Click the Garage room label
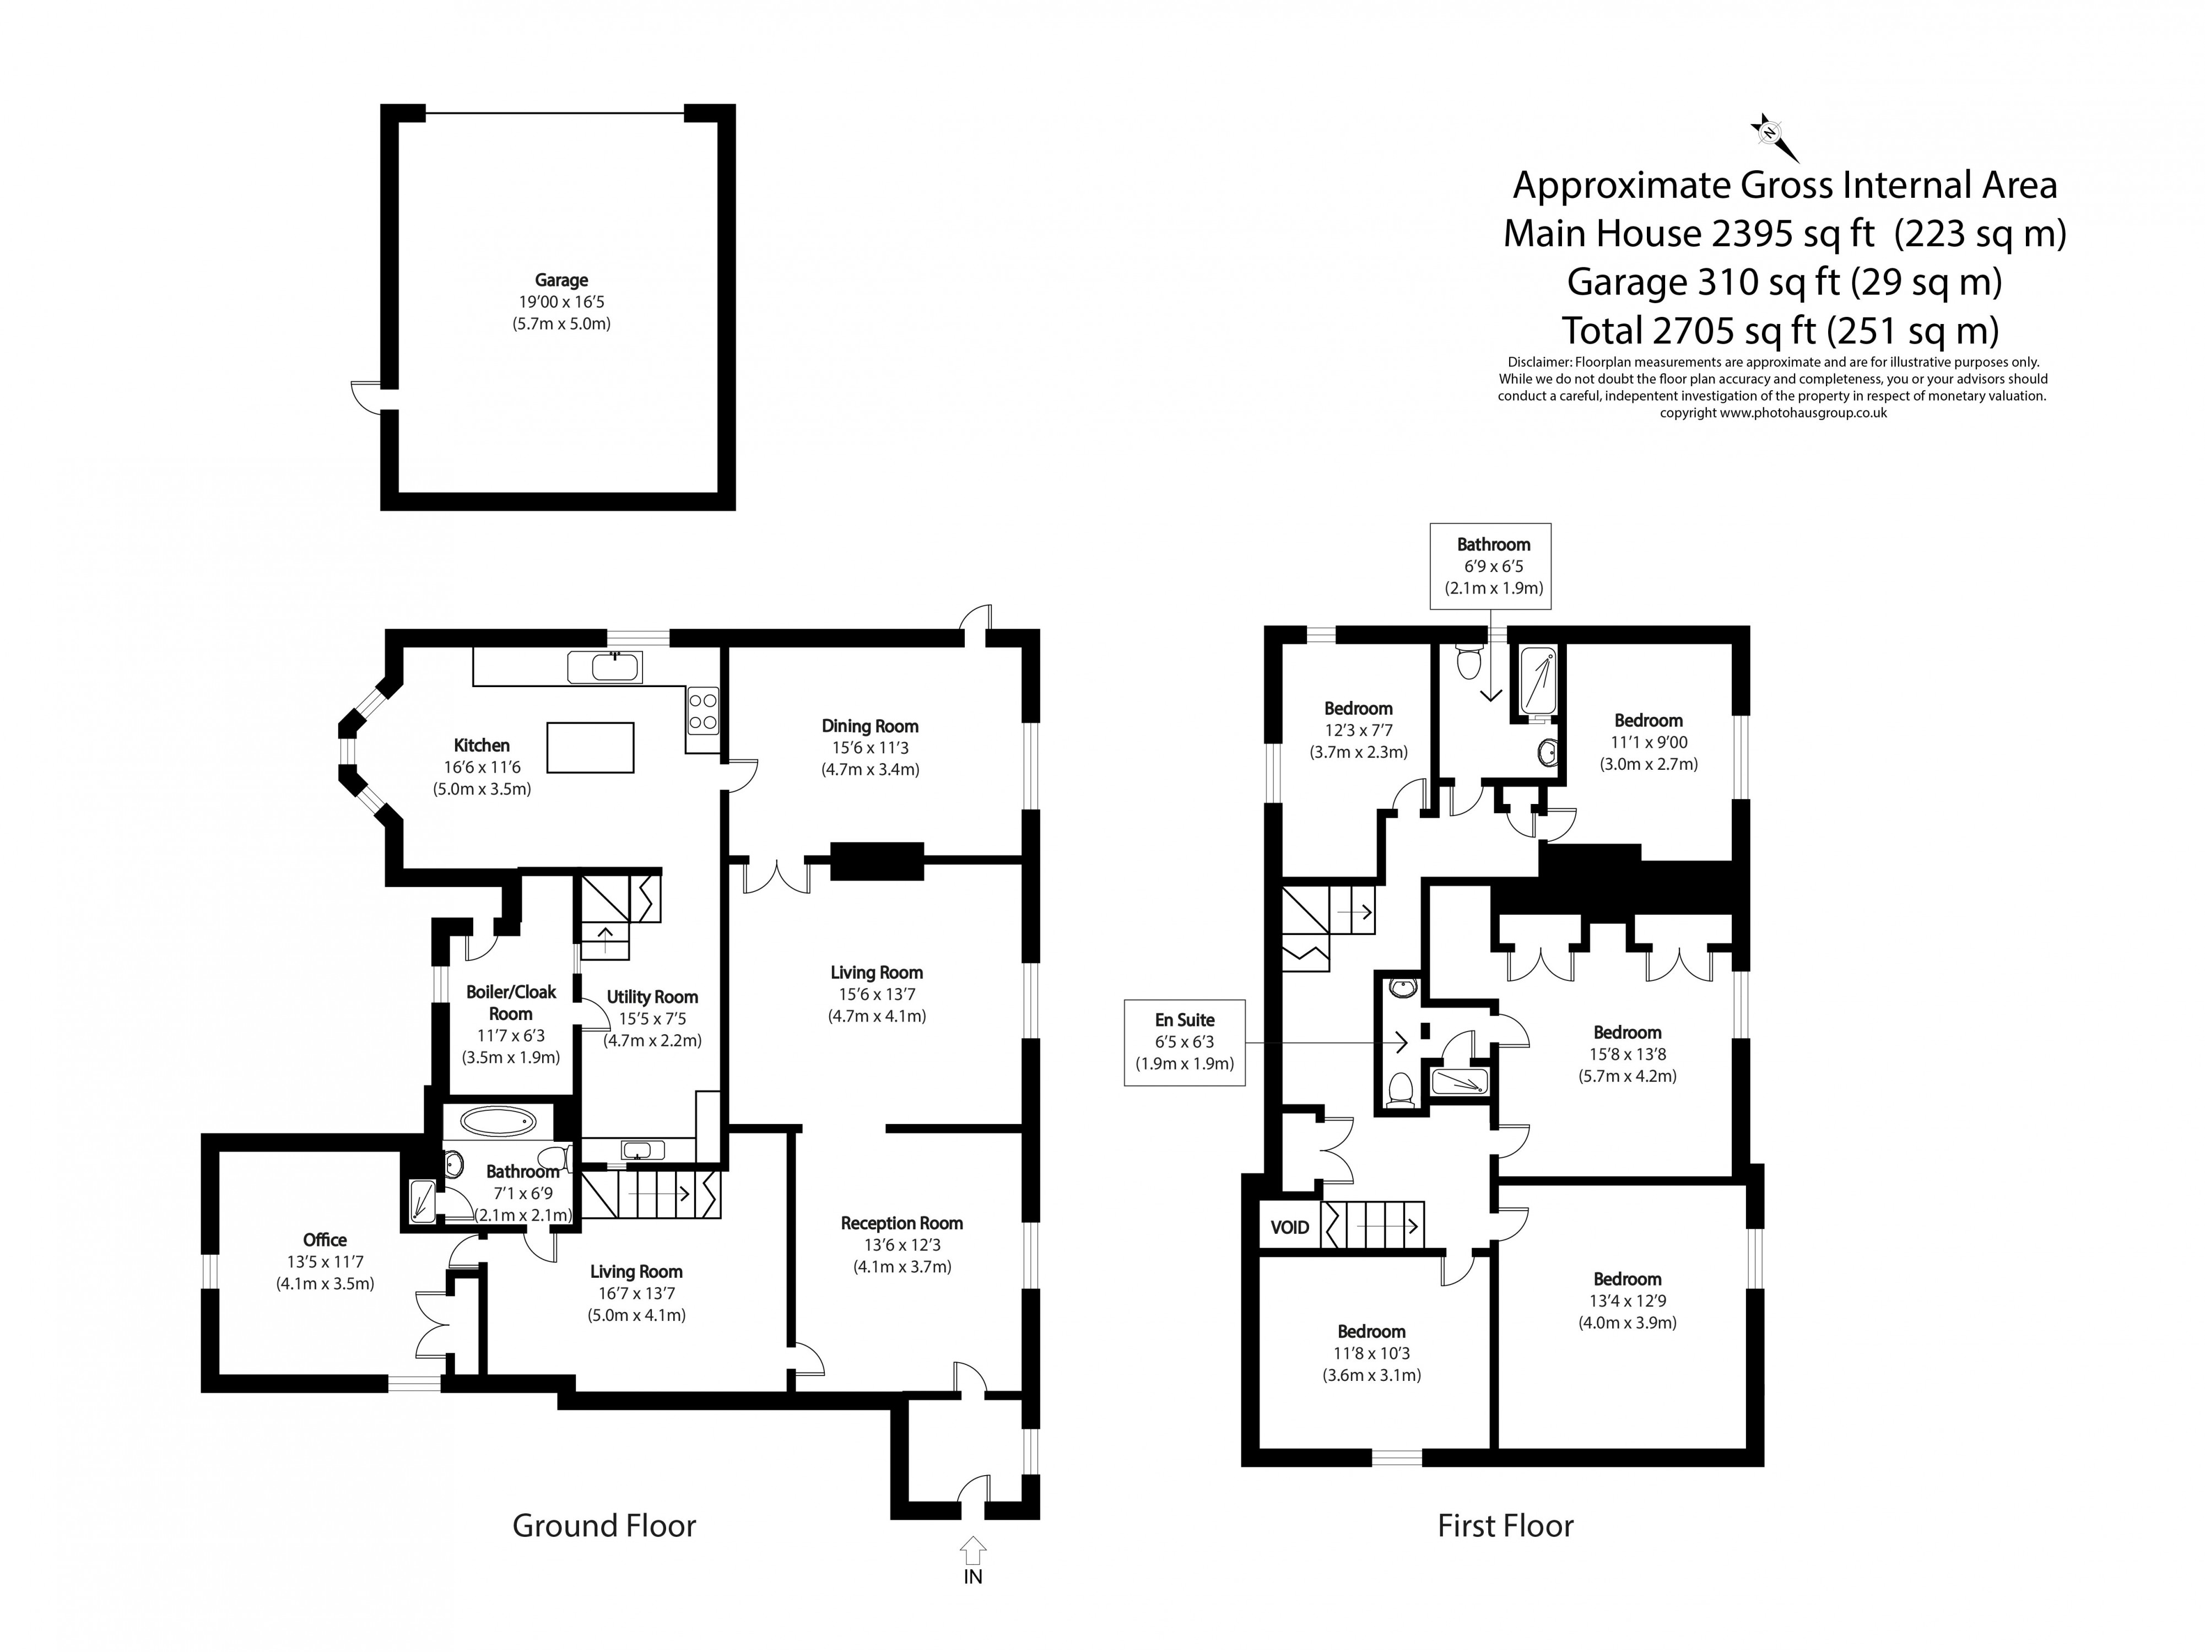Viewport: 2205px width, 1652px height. click(561, 280)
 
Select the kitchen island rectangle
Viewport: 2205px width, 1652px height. click(590, 748)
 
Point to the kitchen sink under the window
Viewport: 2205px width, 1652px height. click(604, 667)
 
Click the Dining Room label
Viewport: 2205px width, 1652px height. click(869, 726)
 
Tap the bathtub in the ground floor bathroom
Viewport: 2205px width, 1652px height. click(499, 1121)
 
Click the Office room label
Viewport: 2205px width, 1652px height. click(325, 1239)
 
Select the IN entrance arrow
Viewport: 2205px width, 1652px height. click(973, 1550)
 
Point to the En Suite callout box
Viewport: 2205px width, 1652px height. click(1184, 1042)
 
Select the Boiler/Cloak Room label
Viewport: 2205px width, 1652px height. click(510, 1002)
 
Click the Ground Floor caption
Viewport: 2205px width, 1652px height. click(604, 1525)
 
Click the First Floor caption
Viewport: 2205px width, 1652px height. click(1505, 1525)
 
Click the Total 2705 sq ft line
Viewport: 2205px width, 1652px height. click(1780, 330)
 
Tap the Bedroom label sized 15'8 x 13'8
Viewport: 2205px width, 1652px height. click(1627, 1033)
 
